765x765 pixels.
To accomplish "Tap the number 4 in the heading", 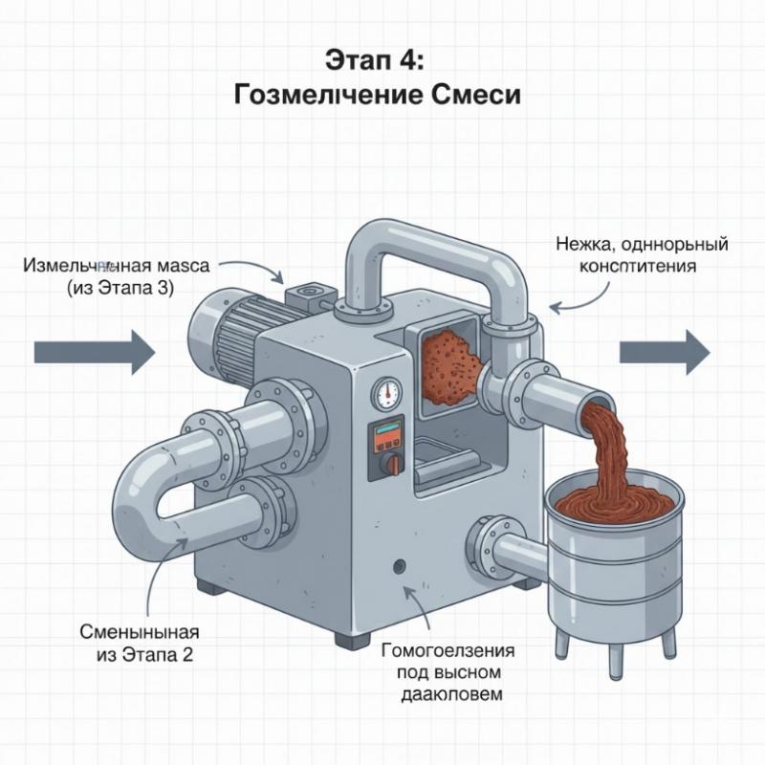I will click(417, 59).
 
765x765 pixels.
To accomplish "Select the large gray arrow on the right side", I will click(666, 351).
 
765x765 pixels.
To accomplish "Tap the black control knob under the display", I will click(388, 464).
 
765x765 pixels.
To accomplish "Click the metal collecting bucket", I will click(612, 555).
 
